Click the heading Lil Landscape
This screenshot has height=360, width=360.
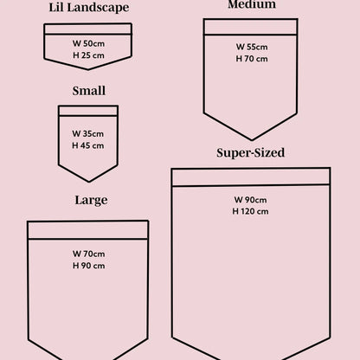coord(89,8)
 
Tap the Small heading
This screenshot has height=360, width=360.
coord(89,91)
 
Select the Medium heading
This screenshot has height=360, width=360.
coord(252,4)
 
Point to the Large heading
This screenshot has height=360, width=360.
coord(91,200)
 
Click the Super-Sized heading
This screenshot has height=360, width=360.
coord(250,153)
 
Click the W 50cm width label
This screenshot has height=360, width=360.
coord(88,43)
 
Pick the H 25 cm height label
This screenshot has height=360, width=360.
coord(88,55)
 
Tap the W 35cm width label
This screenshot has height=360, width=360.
coord(88,134)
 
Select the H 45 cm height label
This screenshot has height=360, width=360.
coord(88,145)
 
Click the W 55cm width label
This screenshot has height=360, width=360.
coord(252,47)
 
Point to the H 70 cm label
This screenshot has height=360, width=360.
coord(252,59)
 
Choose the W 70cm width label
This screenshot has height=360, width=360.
coord(88,254)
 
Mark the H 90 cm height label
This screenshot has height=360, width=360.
coord(88,266)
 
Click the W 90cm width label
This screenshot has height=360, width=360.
coord(250,200)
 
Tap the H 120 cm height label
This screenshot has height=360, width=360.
coord(250,211)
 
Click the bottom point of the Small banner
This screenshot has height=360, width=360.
coord(89,182)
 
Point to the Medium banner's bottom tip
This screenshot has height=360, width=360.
coord(252,140)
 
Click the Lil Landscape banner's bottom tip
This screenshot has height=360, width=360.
coord(88,69)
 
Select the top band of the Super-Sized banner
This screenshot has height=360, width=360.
coord(251,177)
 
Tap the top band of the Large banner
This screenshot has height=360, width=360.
coord(88,230)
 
